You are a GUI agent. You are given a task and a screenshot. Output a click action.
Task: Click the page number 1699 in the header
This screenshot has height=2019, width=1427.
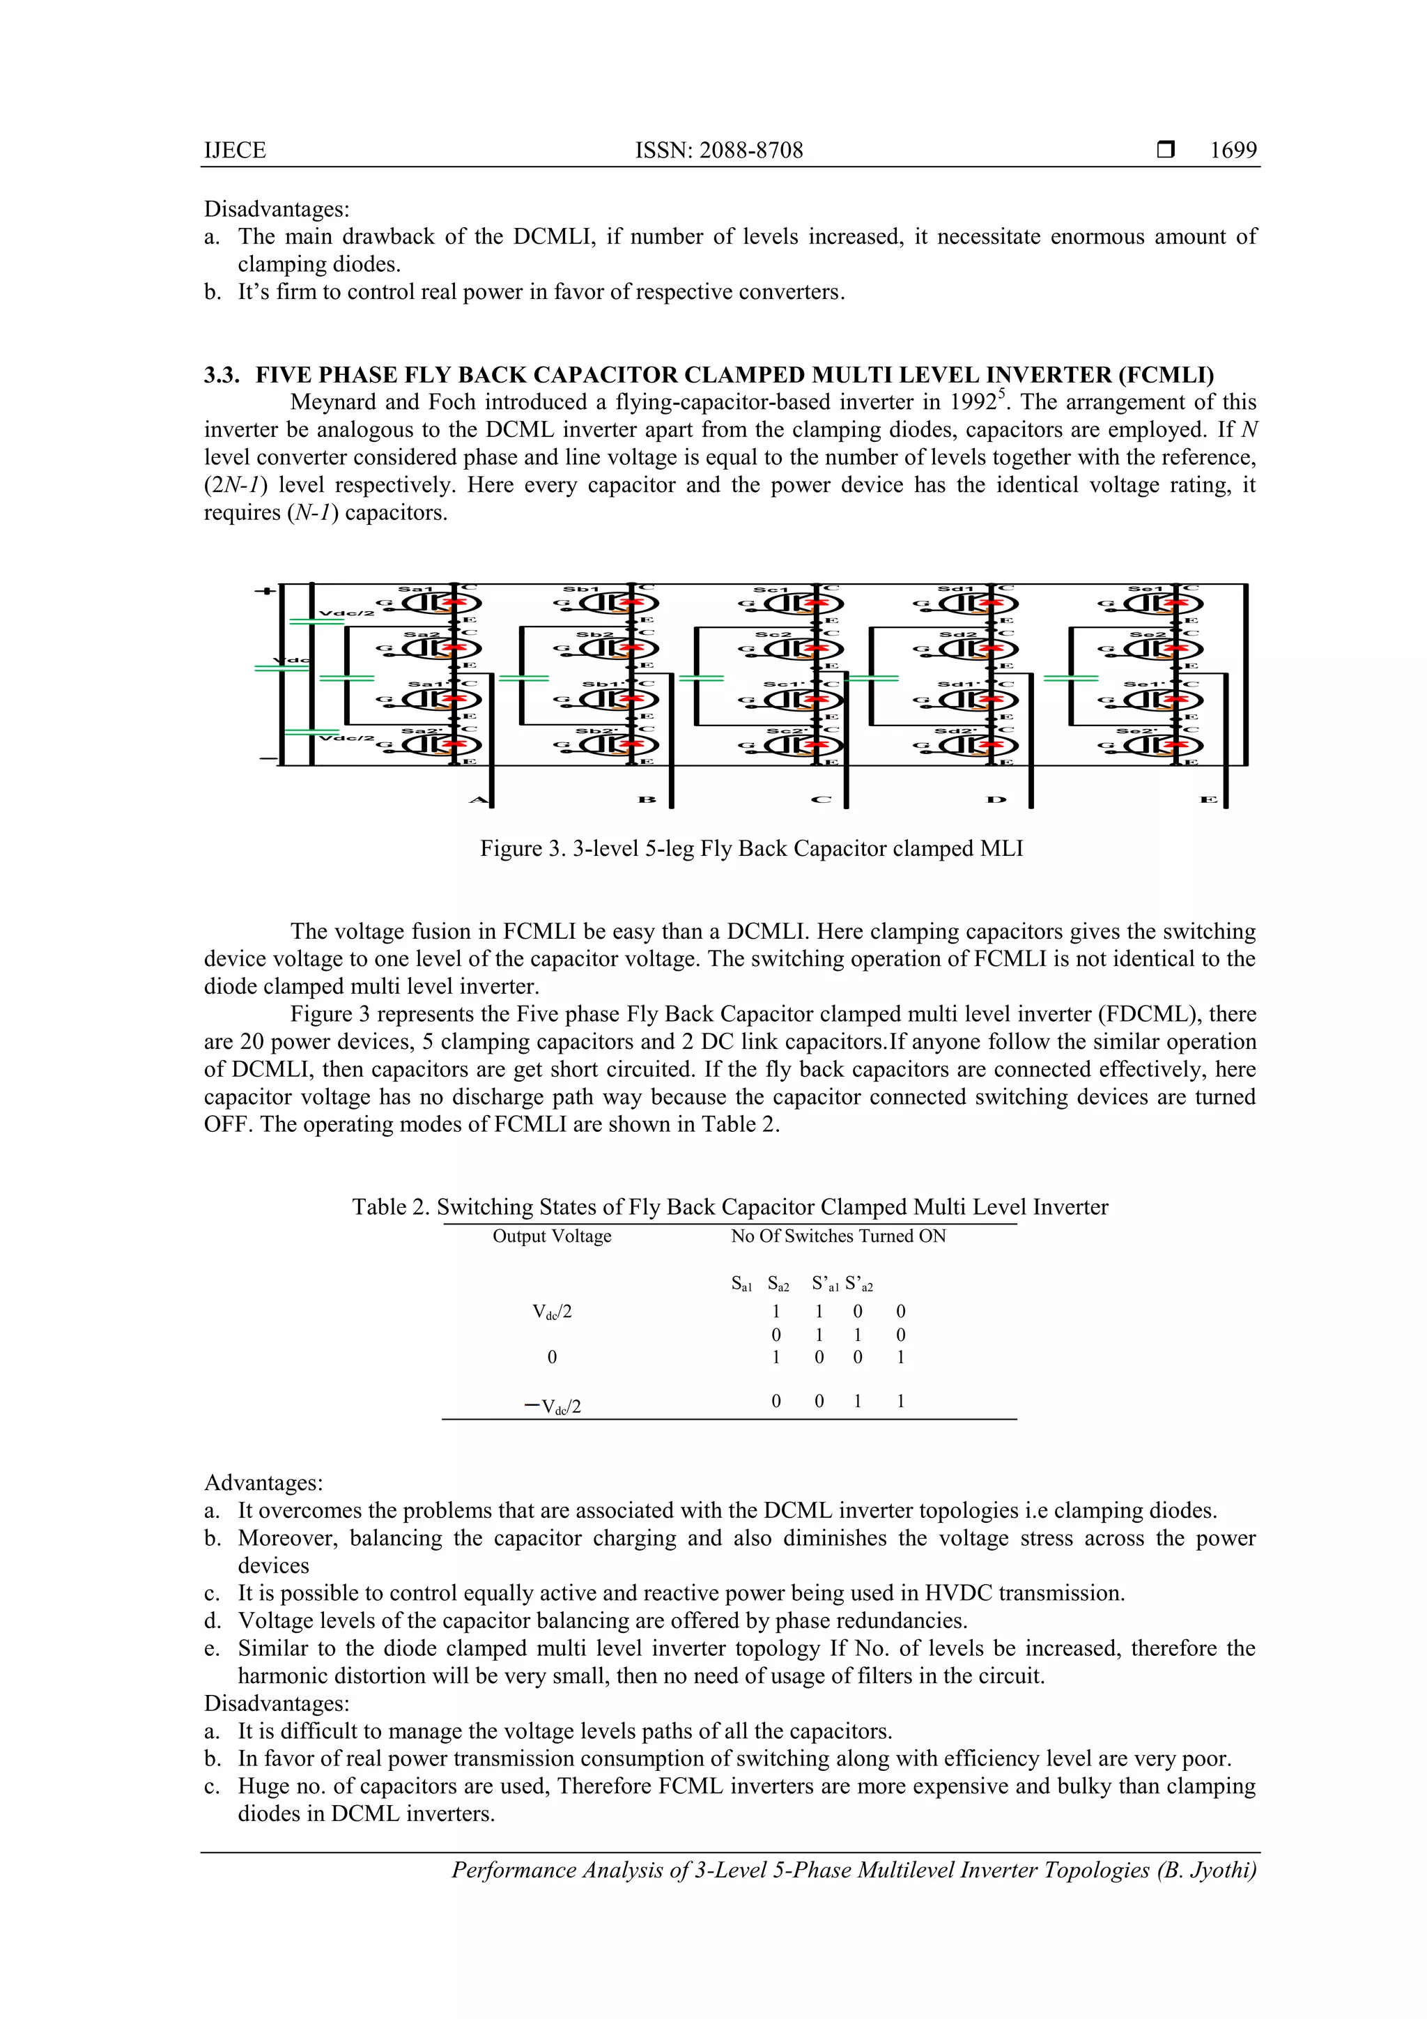click(x=1233, y=151)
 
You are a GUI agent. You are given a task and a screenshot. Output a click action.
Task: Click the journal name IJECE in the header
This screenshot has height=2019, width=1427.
click(x=235, y=151)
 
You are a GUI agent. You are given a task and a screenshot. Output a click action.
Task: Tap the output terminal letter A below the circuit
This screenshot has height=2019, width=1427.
click(x=477, y=799)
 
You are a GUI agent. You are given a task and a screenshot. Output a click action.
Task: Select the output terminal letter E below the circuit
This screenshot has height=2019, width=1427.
click(x=1208, y=799)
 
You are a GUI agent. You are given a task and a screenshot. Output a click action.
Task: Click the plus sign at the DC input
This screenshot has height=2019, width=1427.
click(x=265, y=590)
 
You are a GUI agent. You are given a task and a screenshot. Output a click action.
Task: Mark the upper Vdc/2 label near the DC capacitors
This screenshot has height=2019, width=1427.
click(x=346, y=613)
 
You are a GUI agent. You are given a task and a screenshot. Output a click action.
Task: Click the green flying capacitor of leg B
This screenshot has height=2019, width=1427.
click(x=523, y=678)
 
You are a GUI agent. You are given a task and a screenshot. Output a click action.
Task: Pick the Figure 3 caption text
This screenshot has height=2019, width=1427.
click(x=751, y=849)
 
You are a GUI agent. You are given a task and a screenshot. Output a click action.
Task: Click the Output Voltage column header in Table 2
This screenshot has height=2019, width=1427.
click(x=551, y=1236)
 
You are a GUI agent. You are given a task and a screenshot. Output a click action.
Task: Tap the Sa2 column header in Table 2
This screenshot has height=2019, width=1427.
click(x=778, y=1284)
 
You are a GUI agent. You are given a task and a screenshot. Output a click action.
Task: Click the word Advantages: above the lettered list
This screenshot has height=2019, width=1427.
click(x=264, y=1482)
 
